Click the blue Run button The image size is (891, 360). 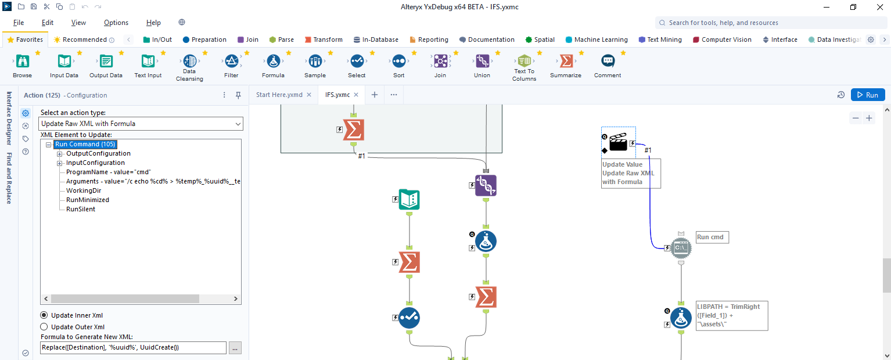click(868, 95)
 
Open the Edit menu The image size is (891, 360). click(48, 23)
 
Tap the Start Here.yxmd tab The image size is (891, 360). click(279, 95)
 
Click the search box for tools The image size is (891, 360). click(773, 23)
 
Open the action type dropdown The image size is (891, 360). click(141, 124)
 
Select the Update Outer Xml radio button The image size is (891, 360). click(44, 327)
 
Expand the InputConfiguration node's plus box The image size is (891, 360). click(59, 163)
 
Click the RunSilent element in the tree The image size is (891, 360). click(81, 209)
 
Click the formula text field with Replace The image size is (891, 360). click(133, 348)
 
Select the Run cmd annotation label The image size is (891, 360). click(712, 237)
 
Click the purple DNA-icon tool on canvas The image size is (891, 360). click(486, 186)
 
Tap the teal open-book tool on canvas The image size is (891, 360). click(409, 200)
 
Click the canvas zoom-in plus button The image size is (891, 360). click(869, 118)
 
